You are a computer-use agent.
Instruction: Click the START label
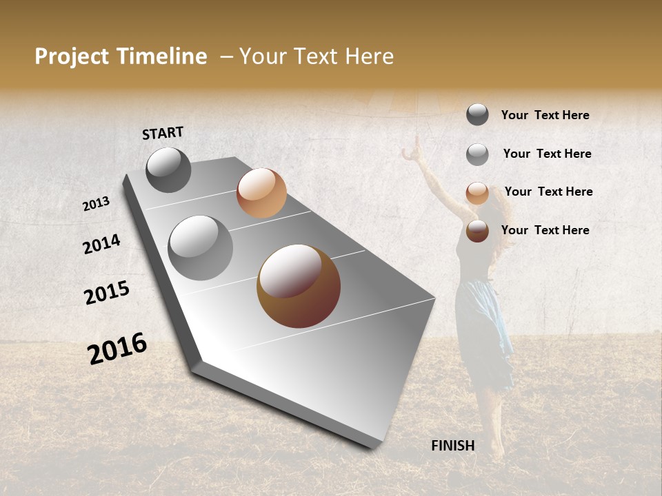tap(163, 133)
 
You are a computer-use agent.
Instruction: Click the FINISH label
tap(453, 446)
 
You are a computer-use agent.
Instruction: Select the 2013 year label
tap(97, 203)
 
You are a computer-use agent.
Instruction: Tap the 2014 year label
tap(101, 244)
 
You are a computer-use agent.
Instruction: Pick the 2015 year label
tap(107, 293)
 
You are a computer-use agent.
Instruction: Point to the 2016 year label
tap(117, 348)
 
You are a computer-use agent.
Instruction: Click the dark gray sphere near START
tap(168, 169)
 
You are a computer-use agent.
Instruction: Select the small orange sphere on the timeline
tap(261, 193)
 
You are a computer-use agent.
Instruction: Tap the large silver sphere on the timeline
tap(201, 247)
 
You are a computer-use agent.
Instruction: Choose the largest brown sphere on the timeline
tap(299, 286)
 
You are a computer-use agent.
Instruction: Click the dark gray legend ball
tap(477, 114)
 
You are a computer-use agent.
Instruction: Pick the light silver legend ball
tap(477, 154)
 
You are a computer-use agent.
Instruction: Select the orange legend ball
tap(477, 193)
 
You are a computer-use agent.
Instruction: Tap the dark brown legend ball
tap(477, 231)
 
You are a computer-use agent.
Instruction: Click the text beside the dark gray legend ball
tap(545, 115)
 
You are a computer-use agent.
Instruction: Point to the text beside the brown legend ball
tap(545, 230)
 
